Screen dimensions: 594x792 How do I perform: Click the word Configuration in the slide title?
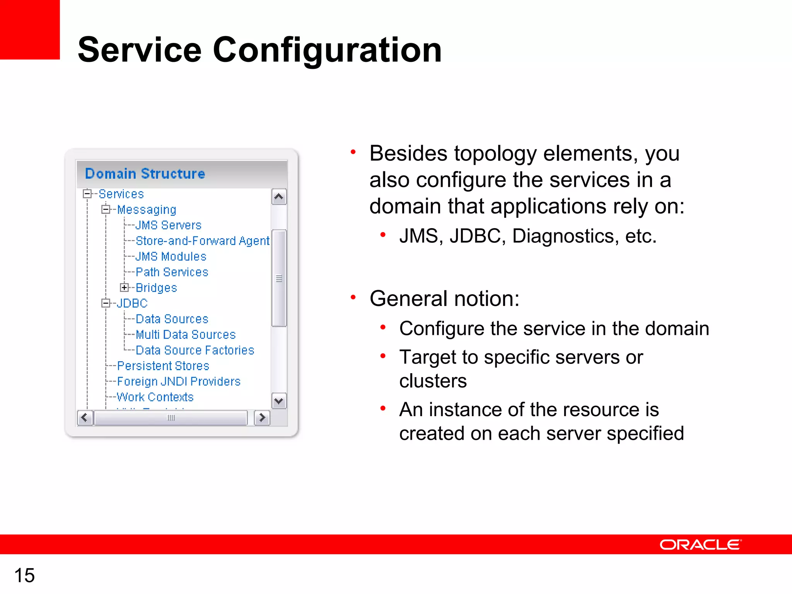click(327, 50)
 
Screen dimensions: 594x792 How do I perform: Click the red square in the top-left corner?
click(29, 29)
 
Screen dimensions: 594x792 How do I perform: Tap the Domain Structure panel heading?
click(145, 174)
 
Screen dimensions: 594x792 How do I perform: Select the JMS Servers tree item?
click(169, 225)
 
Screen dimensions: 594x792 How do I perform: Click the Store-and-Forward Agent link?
click(203, 241)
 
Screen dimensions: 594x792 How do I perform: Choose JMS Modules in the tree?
click(171, 256)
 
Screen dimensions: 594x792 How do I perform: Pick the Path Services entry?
click(172, 272)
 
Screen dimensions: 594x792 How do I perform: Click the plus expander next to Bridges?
click(124, 287)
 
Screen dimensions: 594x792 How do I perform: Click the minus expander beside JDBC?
click(106, 303)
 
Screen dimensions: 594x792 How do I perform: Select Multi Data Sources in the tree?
click(186, 335)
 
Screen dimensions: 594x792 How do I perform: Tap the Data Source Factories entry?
click(195, 350)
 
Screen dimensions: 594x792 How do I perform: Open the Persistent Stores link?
click(163, 366)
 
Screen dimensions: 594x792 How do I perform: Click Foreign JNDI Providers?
click(179, 382)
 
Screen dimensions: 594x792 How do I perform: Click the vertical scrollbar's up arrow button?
click(279, 197)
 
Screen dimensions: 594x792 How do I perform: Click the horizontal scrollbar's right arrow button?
click(262, 418)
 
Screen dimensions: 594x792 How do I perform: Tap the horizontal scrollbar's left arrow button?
click(85, 418)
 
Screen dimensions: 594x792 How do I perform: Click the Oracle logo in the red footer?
click(700, 544)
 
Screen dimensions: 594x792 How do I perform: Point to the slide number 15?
click(24, 575)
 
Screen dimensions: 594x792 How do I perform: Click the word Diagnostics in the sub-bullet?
click(563, 236)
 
